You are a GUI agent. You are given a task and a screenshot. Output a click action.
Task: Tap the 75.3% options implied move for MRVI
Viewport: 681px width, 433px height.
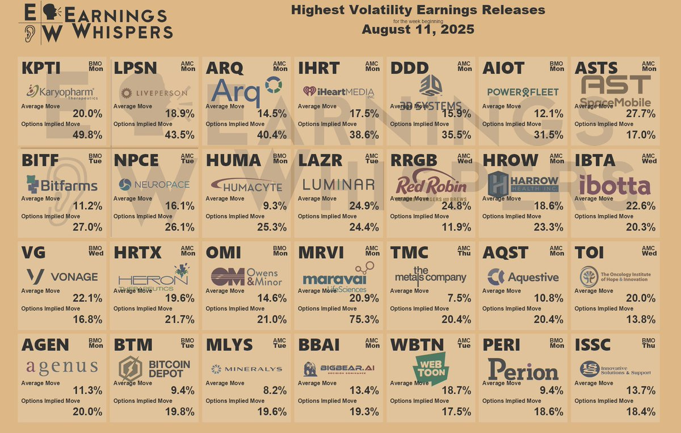365,320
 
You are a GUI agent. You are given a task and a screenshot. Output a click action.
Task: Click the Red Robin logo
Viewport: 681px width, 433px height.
431,185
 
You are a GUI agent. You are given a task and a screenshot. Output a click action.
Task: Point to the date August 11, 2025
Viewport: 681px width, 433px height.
418,30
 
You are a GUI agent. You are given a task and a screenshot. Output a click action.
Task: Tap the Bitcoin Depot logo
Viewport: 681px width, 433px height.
154,369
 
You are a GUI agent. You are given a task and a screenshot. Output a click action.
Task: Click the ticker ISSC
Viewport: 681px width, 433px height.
592,345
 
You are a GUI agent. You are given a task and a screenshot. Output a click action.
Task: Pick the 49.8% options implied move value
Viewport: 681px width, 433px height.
87,135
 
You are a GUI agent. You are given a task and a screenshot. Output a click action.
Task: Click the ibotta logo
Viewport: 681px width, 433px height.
615,185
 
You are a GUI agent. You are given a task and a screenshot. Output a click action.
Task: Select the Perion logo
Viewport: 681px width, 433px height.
523,370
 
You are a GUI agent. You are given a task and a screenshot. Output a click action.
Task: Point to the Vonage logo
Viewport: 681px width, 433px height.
62,277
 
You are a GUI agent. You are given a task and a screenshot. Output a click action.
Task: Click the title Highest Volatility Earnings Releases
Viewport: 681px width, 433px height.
418,10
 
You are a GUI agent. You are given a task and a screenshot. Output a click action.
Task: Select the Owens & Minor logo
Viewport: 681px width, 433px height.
246,277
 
